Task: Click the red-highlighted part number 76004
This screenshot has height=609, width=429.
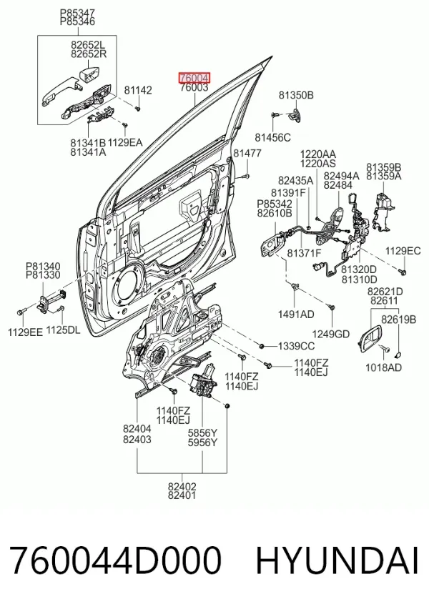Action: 194,78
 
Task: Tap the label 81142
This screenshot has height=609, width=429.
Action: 138,90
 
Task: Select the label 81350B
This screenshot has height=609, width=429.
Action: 296,95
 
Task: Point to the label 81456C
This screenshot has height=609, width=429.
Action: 273,137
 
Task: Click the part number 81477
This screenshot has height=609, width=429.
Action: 247,154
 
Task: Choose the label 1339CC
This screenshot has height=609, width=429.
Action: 296,346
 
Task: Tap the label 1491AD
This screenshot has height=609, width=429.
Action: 296,315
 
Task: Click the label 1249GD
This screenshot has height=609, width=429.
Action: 331,334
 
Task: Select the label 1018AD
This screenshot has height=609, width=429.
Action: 383,367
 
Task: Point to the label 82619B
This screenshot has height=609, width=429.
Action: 399,320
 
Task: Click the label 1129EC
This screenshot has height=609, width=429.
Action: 403,251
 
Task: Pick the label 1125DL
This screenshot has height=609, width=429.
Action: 64,330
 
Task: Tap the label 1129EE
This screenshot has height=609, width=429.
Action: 25,332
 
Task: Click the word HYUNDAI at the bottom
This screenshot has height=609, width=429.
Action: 337,560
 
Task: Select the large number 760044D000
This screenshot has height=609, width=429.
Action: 115,560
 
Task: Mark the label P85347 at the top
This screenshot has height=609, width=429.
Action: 77,13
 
